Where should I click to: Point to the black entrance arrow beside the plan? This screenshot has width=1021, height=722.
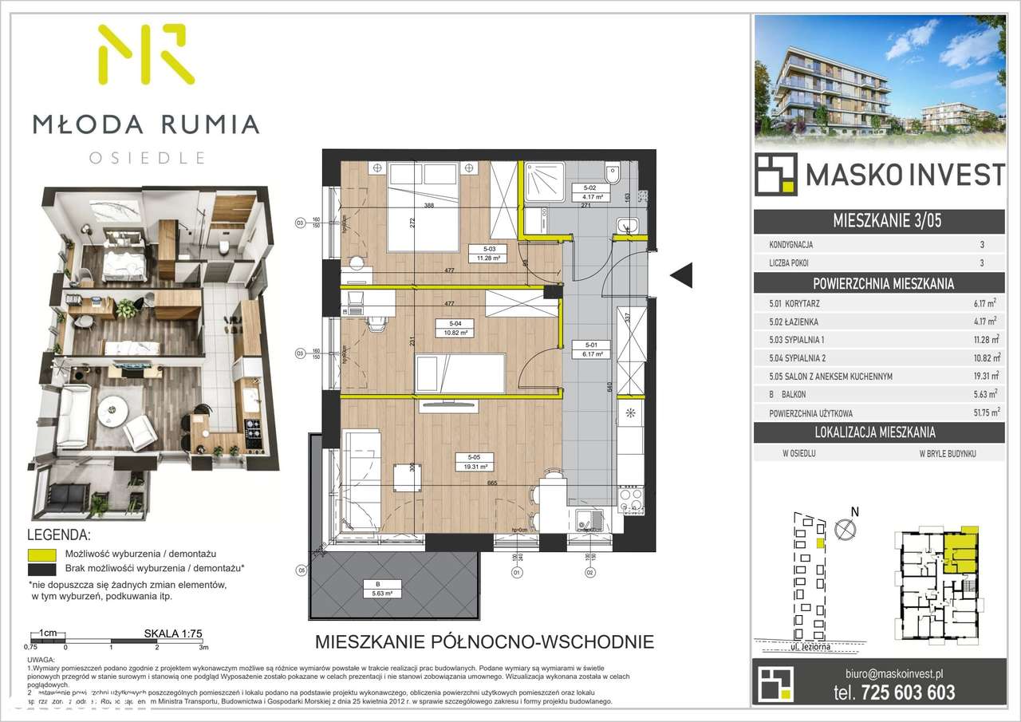click(x=680, y=276)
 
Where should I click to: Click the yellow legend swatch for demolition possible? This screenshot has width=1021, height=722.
click(x=41, y=554)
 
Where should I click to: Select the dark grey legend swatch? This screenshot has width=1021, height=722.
click(x=41, y=570)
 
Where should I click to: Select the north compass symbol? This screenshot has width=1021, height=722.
click(x=842, y=528)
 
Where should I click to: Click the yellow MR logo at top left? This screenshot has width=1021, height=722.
click(x=146, y=54)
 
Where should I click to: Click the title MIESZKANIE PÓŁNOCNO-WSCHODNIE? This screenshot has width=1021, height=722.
click(x=485, y=641)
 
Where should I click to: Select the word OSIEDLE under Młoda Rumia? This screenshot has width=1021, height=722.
click(x=147, y=157)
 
